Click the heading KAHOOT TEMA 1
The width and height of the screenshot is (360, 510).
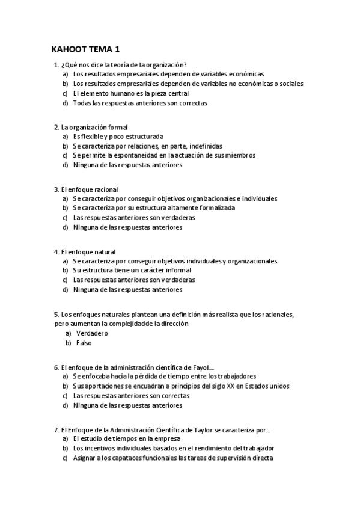point(86,49)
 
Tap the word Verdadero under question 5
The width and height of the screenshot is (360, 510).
point(92,333)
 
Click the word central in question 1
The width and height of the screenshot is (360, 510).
point(175,93)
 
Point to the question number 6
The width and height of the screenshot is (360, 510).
point(55,367)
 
